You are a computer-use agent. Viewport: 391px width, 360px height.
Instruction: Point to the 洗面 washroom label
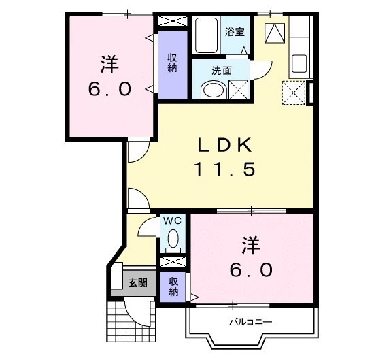222,69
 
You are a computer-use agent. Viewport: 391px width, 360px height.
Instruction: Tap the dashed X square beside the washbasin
239,90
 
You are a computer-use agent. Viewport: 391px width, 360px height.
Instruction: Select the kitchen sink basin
301,65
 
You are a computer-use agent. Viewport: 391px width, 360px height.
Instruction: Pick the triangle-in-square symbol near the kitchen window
275,32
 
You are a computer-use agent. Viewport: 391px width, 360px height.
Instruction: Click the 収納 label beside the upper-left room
173,63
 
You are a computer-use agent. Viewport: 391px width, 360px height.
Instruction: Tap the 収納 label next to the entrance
174,287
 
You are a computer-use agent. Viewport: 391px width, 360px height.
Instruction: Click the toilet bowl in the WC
173,240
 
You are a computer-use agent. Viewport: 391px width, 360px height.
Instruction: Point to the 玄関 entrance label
137,282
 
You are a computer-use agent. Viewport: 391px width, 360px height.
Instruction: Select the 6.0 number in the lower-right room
251,269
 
